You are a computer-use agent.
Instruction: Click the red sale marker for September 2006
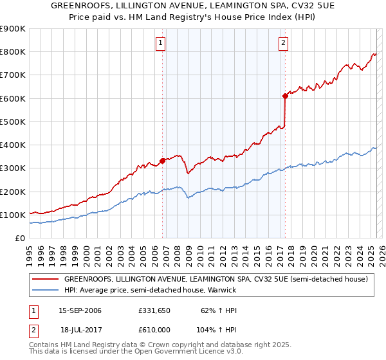(x=162, y=161)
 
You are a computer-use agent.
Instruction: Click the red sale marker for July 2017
(x=284, y=96)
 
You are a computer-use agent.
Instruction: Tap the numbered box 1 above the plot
(x=160, y=44)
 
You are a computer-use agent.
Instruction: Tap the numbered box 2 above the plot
(x=283, y=44)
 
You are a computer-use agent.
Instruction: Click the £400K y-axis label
(x=13, y=145)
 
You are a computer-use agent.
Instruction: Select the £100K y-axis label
(x=13, y=215)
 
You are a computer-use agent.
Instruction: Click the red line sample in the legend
(x=45, y=280)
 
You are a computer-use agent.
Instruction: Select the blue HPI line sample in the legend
(x=45, y=291)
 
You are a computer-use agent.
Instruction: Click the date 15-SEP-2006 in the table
(x=80, y=310)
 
